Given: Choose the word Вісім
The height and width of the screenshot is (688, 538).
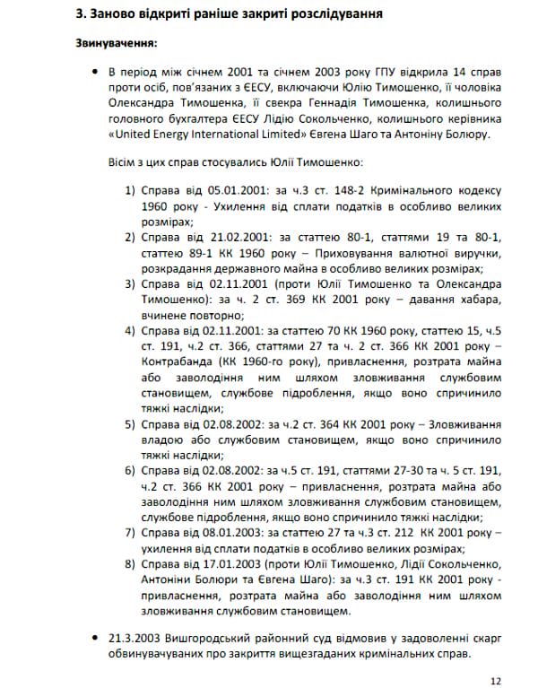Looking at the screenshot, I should pyautogui.click(x=121, y=164).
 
